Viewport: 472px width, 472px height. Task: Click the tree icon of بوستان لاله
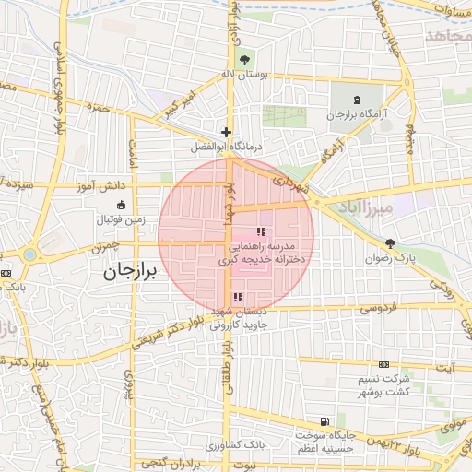point(242,61)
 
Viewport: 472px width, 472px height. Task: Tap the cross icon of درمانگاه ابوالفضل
point(226,133)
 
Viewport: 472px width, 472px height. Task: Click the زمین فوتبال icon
point(121,205)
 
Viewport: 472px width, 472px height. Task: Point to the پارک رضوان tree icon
point(391,243)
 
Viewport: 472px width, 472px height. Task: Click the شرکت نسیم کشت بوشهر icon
point(383,366)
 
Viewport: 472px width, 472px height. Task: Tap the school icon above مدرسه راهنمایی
point(260,231)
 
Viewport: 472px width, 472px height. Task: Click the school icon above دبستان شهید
point(238,297)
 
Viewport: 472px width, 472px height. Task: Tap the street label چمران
point(106,249)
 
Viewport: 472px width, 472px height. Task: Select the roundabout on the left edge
point(30,254)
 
